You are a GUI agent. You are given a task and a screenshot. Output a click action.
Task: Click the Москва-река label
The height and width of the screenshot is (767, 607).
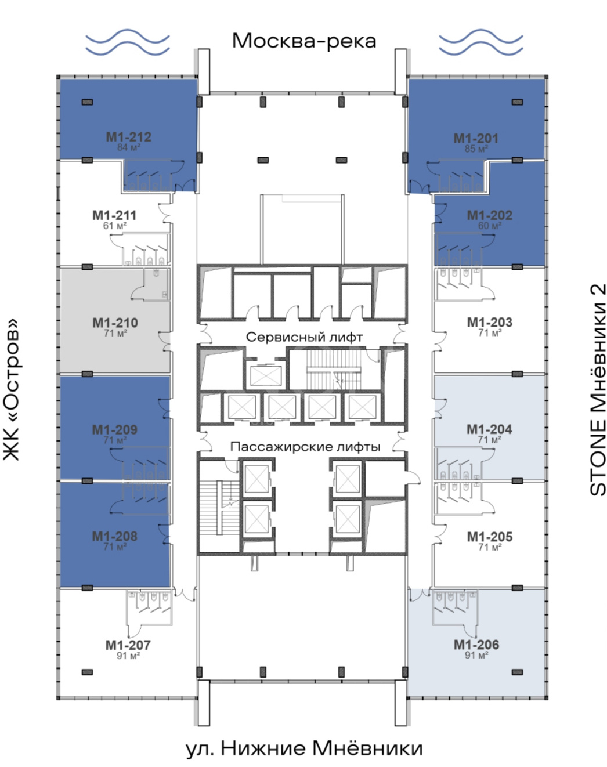304,41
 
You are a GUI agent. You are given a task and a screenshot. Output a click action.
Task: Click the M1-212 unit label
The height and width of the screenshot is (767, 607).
129,137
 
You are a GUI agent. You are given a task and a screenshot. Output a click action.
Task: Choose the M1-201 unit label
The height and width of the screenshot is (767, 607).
476,138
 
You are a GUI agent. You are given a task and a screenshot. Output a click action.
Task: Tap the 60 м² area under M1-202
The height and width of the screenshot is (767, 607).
490,226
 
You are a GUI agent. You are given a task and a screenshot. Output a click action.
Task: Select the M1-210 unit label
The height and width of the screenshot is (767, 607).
115,323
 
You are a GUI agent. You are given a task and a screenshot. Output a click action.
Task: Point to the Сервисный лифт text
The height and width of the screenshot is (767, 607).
305,337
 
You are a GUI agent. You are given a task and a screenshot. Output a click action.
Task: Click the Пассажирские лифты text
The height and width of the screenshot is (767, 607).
305,447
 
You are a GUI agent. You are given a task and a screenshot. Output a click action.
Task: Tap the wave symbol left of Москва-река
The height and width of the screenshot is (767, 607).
127,42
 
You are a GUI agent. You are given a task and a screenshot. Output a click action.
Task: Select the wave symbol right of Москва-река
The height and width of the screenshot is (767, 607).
481,42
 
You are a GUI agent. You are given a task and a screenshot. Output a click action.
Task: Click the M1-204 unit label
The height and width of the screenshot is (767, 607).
489,429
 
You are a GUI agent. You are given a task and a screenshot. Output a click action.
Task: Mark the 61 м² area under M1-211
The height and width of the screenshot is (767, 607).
115,226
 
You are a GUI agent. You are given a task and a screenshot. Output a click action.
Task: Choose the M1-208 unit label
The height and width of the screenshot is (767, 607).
115,537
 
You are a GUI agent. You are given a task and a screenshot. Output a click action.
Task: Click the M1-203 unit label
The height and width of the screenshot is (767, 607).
490,323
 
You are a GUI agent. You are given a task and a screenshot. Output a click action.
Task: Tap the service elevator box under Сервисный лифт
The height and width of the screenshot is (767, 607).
266,376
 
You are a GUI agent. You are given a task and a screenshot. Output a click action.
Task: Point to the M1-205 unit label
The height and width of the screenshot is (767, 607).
490,537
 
